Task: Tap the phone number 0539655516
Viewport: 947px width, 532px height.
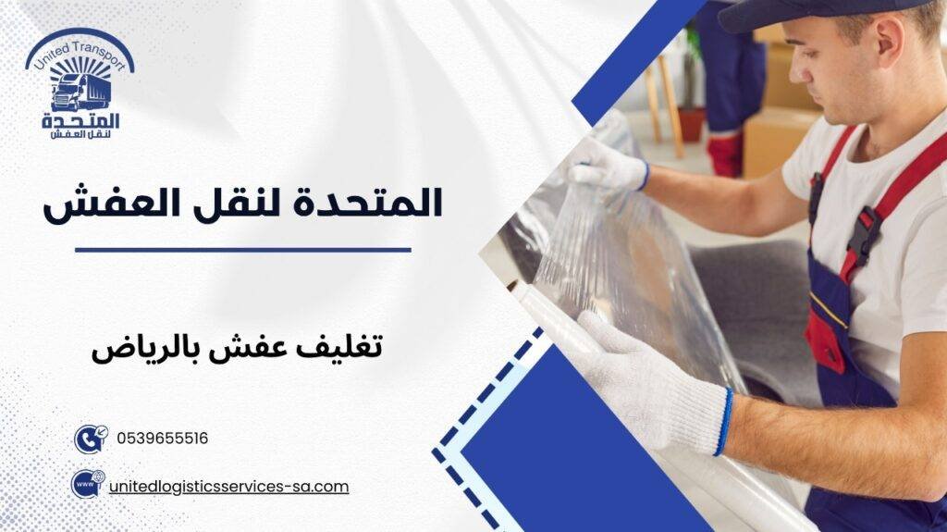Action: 163,439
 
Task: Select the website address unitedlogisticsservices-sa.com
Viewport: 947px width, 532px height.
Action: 228,486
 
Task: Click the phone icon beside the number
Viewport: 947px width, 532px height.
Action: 90,438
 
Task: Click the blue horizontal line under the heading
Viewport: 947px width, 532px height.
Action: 242,249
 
